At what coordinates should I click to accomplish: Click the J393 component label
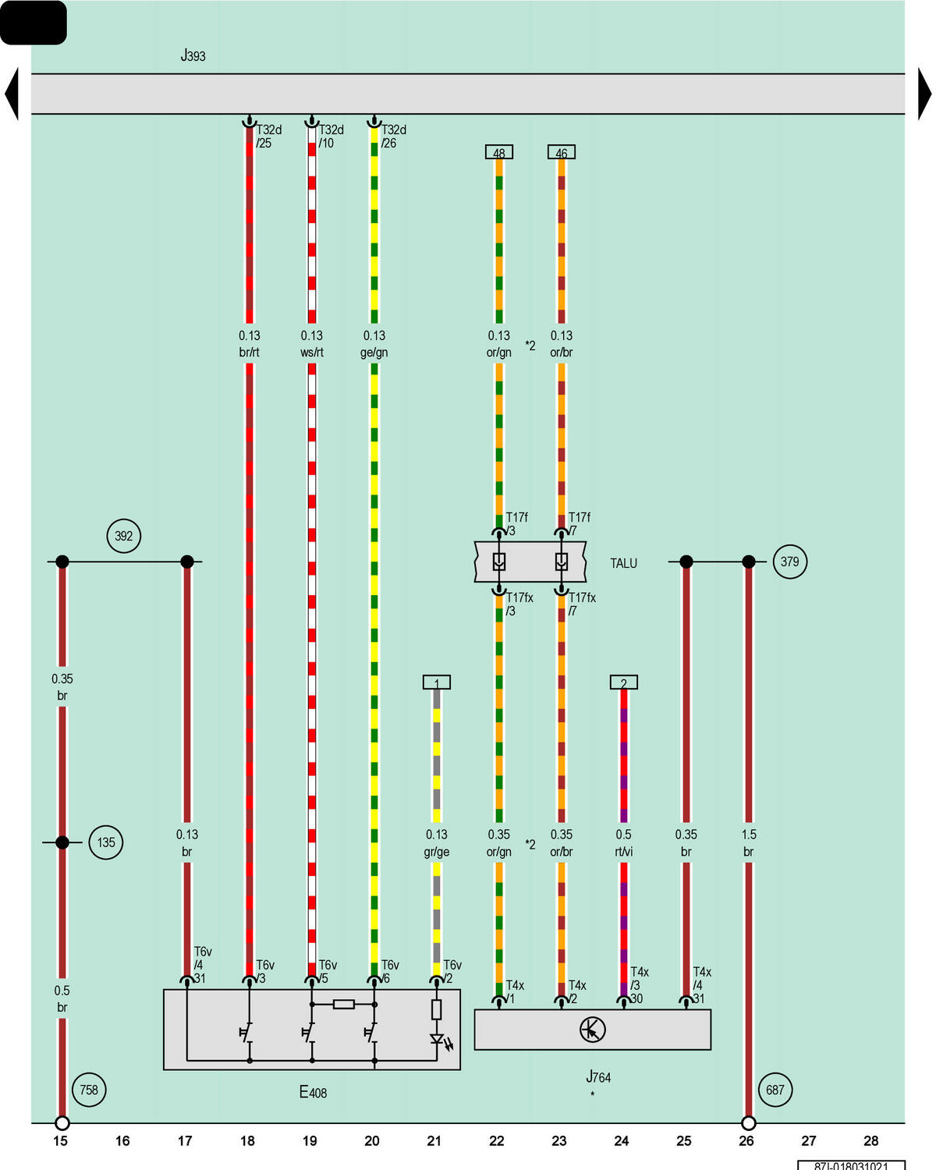coord(193,55)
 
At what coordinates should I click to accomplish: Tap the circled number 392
coord(123,536)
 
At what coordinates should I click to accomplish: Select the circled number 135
coord(105,842)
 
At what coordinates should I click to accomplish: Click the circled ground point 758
coord(89,1090)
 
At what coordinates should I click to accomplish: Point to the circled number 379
coord(789,561)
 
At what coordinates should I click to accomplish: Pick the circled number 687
coord(775,1090)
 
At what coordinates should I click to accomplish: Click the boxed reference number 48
coord(498,152)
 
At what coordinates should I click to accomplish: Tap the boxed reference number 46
coord(562,152)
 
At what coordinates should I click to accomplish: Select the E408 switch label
coord(313,1092)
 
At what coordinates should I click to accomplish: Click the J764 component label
coord(598,1076)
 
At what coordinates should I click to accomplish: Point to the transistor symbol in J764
coord(592,1029)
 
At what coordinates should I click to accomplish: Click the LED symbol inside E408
coord(439,1040)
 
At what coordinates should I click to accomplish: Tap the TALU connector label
coord(623,563)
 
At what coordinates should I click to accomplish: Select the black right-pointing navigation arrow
coord(924,94)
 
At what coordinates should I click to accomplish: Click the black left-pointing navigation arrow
coord(12,94)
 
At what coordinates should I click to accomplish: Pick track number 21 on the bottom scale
coord(434,1140)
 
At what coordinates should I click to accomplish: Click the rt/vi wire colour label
coord(624,852)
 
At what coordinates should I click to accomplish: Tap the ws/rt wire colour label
coord(312,353)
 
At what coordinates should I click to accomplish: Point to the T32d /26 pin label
coord(393,136)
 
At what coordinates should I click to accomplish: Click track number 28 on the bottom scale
coord(870,1140)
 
